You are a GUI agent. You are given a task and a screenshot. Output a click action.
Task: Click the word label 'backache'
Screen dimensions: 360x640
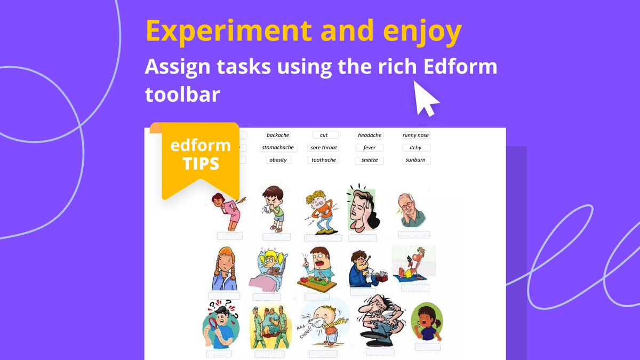[278, 135]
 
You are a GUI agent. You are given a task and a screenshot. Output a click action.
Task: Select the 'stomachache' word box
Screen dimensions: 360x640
[278, 148]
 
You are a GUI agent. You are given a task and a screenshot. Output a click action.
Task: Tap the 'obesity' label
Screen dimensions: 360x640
[278, 160]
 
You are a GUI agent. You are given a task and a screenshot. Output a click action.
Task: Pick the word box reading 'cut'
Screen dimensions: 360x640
[324, 135]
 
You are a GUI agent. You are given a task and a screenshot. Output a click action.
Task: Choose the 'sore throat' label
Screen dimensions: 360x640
[324, 148]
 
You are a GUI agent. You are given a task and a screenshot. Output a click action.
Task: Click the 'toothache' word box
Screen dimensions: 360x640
[324, 160]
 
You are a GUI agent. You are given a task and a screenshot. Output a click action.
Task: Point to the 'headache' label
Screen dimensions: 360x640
[370, 135]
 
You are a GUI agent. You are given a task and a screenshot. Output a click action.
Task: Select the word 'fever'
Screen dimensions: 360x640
[370, 148]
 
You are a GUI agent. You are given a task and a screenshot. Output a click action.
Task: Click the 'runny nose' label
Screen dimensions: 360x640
[415, 135]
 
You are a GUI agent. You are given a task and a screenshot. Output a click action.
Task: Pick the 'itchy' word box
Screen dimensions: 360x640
[415, 148]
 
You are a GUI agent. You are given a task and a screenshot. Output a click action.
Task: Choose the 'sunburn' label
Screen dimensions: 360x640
[415, 160]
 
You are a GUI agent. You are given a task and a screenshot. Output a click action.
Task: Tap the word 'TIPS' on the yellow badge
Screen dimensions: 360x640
[201, 163]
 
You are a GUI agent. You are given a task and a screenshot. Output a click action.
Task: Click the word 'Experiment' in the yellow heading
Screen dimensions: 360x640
[229, 32]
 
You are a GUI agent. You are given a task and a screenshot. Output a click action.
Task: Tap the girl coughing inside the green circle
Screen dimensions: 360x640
[427, 322]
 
